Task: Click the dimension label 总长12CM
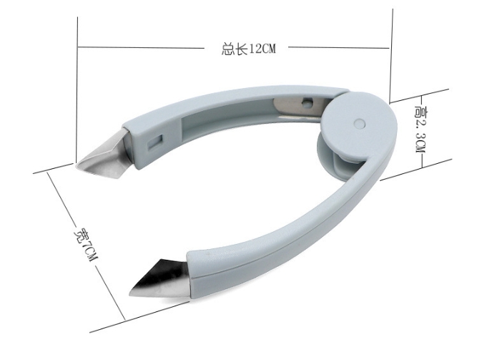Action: [249, 49]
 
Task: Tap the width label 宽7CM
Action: [86, 244]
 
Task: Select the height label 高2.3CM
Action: [421, 130]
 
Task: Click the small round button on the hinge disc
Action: [360, 123]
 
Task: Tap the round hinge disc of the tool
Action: [360, 125]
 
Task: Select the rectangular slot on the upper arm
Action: [155, 140]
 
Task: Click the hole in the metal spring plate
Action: [308, 102]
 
